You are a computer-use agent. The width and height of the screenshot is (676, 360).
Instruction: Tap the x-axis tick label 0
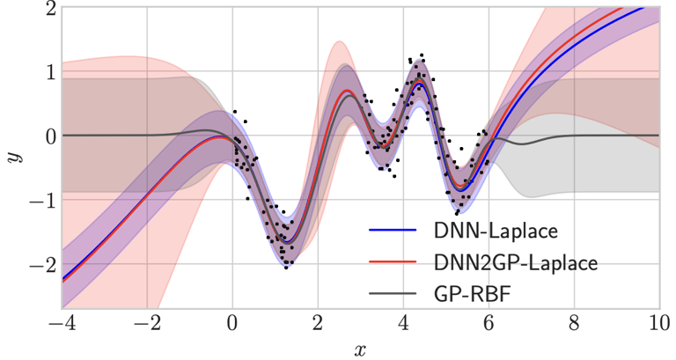point(232,323)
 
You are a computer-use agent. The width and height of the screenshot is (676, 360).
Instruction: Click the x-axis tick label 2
point(318,323)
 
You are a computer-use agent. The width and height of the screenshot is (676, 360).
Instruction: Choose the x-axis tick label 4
point(403,323)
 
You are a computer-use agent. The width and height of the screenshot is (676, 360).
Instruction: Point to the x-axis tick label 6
point(489,323)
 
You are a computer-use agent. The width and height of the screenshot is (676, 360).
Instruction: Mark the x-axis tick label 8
point(574,323)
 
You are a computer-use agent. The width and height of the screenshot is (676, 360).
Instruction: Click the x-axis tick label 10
point(658,323)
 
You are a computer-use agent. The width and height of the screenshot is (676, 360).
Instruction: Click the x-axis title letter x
point(360,349)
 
